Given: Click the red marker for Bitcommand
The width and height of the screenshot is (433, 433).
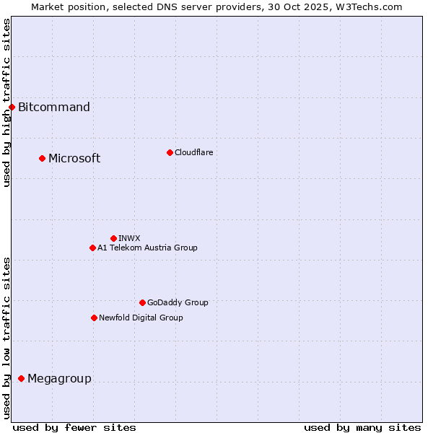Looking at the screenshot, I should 12,107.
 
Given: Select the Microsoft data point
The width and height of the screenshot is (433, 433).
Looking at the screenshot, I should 42,158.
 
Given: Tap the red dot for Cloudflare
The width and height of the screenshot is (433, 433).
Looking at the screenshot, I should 170,152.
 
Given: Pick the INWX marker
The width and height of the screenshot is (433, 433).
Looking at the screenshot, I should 113,238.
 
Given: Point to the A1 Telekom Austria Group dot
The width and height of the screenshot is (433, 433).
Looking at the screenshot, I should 92,248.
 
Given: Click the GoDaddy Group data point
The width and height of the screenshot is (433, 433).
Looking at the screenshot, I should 142,302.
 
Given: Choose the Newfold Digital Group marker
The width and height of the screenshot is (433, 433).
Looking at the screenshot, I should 94,318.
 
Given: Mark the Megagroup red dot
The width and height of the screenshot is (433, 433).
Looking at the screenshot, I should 21,378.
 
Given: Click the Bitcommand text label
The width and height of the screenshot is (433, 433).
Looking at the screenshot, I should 54,108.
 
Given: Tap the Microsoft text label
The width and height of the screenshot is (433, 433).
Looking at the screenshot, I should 74,159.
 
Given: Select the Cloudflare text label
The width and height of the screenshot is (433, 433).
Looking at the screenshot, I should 193,152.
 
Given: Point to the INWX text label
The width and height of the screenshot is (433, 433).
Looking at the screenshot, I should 129,238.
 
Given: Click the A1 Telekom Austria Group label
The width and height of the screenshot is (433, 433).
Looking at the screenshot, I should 147,248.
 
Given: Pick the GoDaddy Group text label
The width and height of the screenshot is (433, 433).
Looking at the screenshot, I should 178,302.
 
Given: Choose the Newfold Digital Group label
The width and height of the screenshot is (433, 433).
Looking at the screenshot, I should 141,318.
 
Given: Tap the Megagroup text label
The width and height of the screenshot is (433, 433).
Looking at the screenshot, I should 59,379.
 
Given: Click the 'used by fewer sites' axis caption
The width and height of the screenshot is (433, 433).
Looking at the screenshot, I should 74,427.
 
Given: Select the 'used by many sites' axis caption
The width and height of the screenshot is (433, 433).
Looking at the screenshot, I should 362,427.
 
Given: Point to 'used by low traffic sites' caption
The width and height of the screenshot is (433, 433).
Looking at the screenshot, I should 6,337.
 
